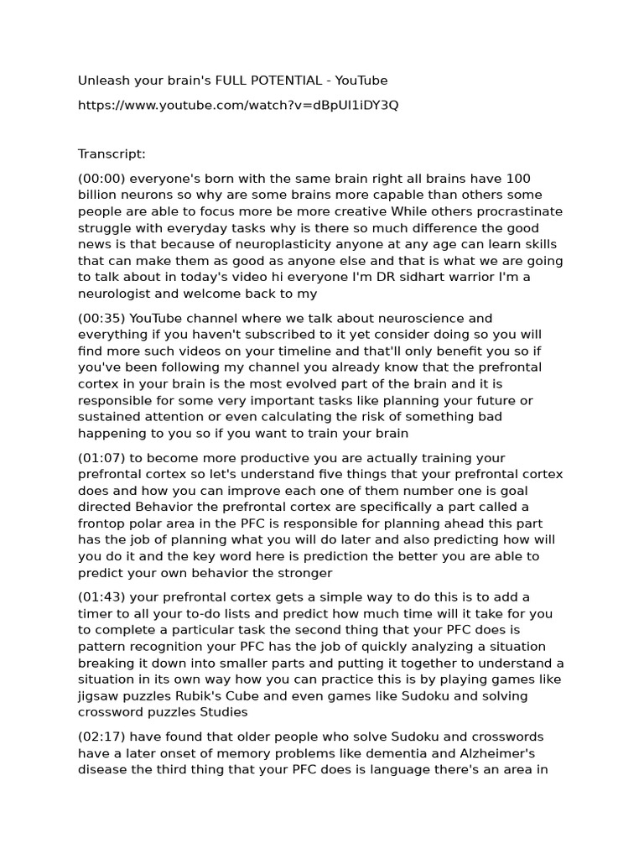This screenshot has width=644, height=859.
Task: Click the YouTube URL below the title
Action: [238, 105]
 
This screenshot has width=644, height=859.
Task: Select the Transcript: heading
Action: [112, 154]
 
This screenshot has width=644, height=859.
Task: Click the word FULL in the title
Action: [233, 81]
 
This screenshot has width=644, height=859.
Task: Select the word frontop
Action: [102, 523]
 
